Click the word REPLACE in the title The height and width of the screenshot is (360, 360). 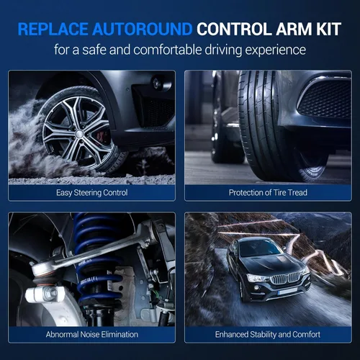click(x=53, y=29)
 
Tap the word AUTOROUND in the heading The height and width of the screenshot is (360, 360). click(x=143, y=29)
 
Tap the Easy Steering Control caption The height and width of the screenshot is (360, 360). click(x=92, y=192)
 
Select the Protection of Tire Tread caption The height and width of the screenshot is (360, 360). click(x=268, y=192)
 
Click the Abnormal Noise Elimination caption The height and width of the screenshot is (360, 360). click(x=92, y=334)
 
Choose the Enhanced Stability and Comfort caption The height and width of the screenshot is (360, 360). click(x=268, y=334)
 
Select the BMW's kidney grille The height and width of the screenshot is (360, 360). click(x=286, y=279)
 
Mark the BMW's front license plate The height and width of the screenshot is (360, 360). click(x=288, y=292)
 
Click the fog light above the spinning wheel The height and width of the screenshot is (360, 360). click(x=158, y=83)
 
